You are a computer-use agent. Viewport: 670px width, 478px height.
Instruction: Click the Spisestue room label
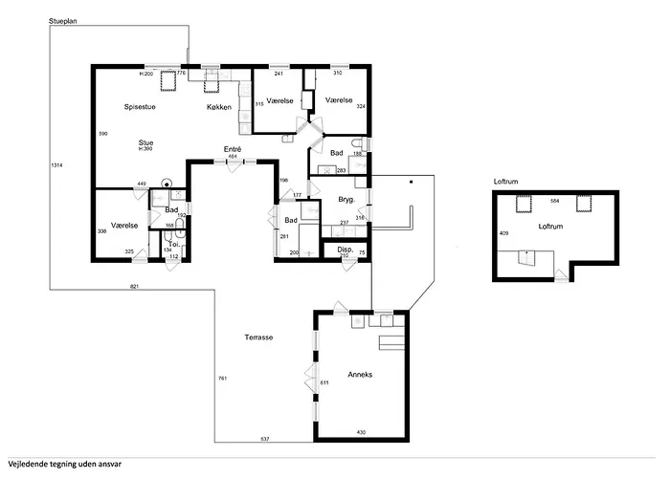140,107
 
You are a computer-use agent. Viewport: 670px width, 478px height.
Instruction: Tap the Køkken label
219,107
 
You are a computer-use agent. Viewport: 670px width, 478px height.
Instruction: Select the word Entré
233,149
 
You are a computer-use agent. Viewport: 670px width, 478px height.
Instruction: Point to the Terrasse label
258,337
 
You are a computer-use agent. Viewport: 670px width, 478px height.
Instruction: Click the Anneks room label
360,375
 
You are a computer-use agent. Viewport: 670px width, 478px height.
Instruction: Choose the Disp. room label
346,250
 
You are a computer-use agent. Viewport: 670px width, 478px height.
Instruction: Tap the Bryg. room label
346,199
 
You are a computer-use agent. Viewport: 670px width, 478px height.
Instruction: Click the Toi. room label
174,245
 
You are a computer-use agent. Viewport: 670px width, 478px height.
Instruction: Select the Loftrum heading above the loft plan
505,182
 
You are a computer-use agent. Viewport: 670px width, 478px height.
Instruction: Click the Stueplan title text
63,21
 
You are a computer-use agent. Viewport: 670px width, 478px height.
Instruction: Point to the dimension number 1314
56,165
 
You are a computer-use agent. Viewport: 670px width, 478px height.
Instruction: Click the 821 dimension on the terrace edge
135,287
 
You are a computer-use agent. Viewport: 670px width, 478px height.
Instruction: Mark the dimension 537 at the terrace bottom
265,439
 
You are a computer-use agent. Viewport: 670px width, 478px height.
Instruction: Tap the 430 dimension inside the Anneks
361,432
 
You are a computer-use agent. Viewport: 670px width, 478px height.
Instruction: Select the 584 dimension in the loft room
554,201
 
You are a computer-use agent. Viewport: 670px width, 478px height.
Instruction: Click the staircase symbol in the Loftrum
526,257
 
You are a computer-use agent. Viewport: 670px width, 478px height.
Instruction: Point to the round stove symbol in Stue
166,184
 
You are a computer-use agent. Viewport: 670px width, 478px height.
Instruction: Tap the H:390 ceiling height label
145,149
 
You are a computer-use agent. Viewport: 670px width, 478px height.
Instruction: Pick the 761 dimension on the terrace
223,379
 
